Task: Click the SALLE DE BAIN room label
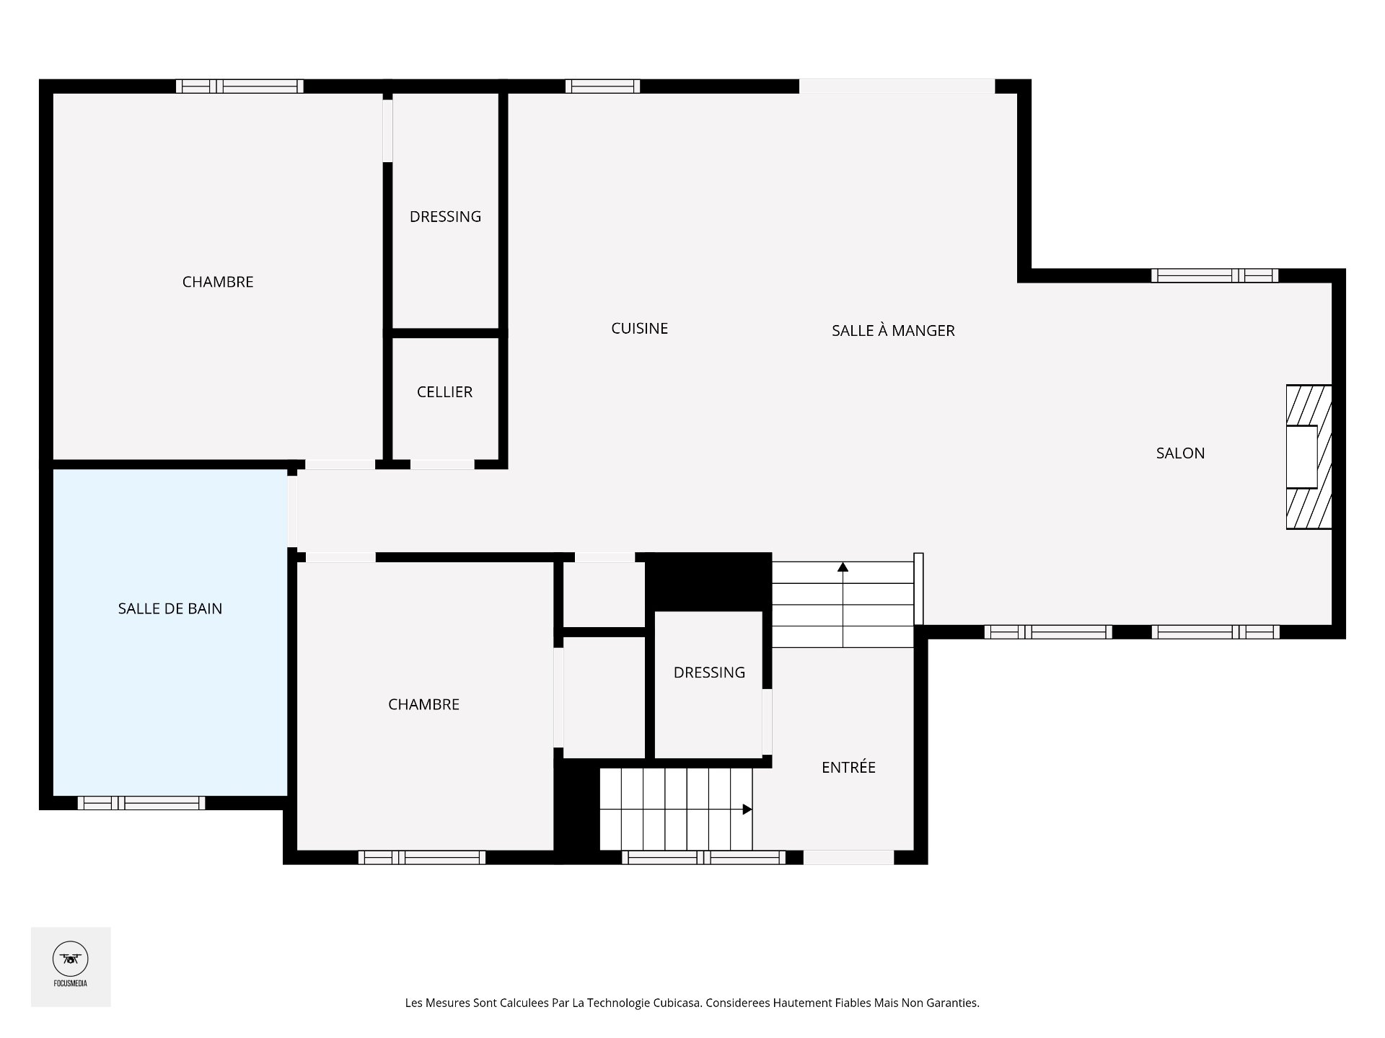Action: (170, 608)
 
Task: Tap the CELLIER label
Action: (444, 392)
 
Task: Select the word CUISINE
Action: (639, 329)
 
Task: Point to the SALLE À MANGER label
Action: (893, 331)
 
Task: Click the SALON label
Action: (1180, 453)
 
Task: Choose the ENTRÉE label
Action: (848, 768)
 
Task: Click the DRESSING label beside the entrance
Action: (709, 673)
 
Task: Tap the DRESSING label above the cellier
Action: (445, 217)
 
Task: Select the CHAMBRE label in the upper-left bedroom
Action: (218, 282)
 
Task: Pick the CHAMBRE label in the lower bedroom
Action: (423, 705)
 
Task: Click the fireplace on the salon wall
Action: (1308, 457)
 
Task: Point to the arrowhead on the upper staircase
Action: (843, 567)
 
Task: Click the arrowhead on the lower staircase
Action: (747, 809)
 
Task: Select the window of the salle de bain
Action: (141, 803)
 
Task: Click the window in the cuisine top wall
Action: (602, 86)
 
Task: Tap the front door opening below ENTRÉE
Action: (848, 857)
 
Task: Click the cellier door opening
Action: (442, 465)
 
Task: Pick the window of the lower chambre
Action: (422, 857)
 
